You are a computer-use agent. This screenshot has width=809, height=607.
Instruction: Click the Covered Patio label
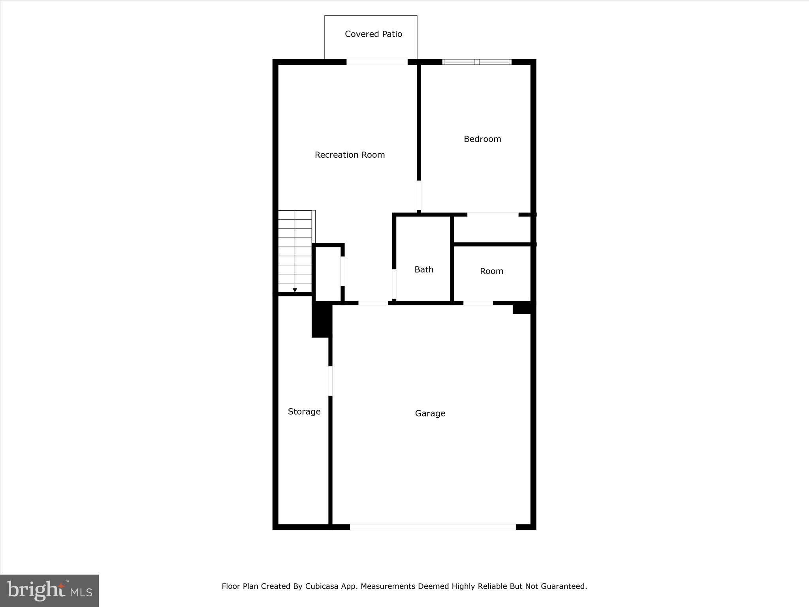click(x=373, y=34)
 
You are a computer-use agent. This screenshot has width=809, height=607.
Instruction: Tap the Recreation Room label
click(x=350, y=155)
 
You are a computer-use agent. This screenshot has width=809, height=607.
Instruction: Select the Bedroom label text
click(x=482, y=139)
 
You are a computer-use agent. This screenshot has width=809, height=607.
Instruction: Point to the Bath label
click(x=424, y=270)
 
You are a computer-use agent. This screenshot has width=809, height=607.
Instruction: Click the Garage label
click(x=430, y=413)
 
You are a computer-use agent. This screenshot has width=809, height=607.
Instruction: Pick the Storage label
click(x=304, y=412)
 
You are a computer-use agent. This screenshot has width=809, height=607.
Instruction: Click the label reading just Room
click(x=492, y=271)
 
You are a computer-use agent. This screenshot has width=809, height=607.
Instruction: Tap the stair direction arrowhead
click(x=295, y=290)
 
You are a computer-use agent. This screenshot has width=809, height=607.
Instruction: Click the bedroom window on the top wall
click(x=477, y=62)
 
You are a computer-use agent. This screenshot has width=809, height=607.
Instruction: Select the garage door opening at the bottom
click(x=433, y=527)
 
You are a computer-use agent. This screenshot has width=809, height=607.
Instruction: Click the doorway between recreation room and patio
click(x=377, y=62)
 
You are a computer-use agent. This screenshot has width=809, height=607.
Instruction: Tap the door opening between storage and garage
click(x=330, y=381)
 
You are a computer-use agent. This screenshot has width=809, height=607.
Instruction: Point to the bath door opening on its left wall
click(x=394, y=284)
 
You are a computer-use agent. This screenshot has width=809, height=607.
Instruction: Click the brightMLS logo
click(x=49, y=591)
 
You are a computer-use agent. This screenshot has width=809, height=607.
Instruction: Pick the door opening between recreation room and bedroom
click(x=419, y=196)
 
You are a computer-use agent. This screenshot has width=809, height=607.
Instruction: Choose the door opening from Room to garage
click(x=478, y=303)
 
